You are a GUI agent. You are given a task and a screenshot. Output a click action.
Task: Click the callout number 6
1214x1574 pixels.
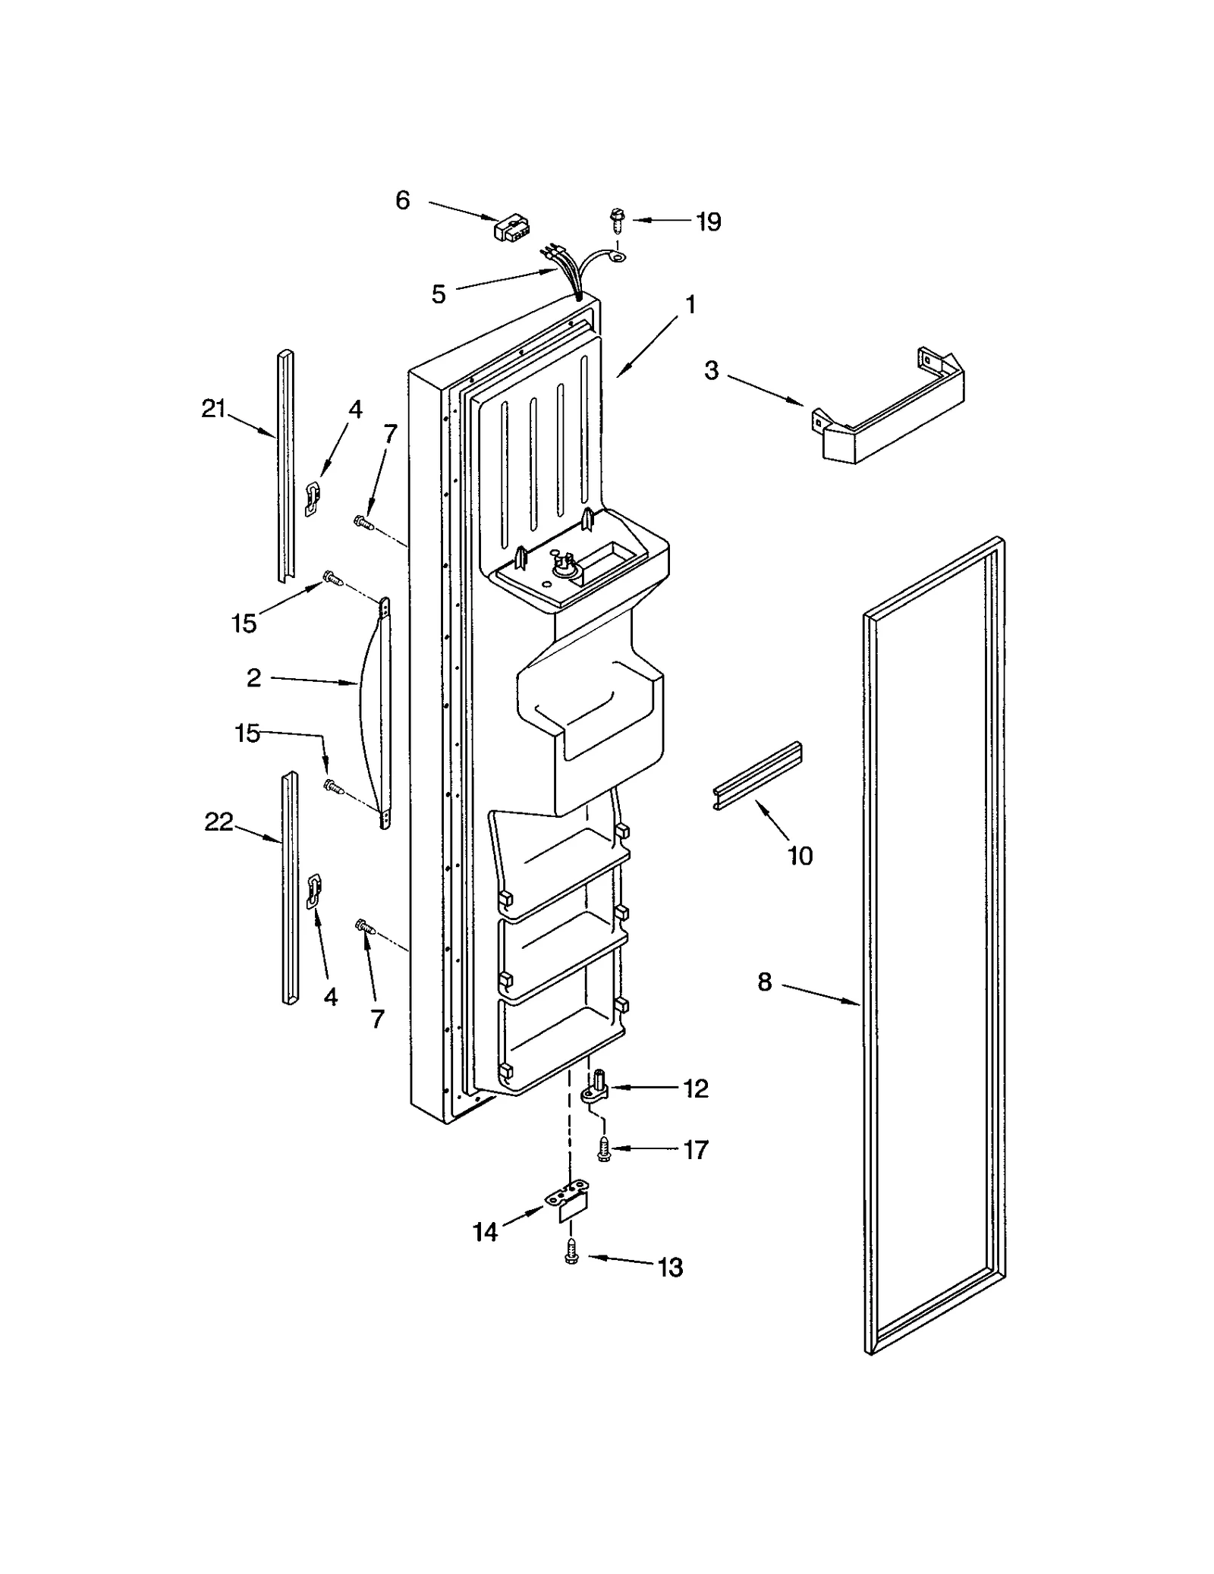point(402,200)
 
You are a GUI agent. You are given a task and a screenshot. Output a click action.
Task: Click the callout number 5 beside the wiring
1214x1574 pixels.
point(439,294)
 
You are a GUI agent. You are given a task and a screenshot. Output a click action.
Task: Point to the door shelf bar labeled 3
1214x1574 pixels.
point(892,414)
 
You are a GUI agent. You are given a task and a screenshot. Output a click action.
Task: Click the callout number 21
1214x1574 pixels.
point(214,410)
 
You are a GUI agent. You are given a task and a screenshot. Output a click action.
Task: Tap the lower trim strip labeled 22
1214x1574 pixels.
point(290,888)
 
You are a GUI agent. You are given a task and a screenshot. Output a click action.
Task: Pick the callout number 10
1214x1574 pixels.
point(800,856)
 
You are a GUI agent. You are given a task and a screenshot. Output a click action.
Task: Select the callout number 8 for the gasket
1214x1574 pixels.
point(764,982)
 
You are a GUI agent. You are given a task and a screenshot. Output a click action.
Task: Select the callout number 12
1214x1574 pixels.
point(695,1089)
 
